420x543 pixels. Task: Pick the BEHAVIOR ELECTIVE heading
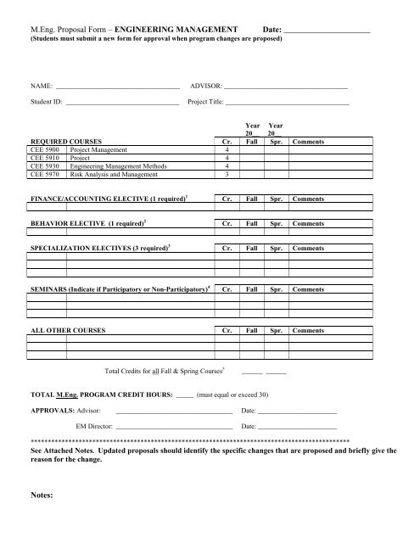[x=87, y=223]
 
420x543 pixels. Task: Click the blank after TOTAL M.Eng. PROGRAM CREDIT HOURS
[x=184, y=395]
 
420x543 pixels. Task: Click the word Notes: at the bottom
[x=42, y=494]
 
